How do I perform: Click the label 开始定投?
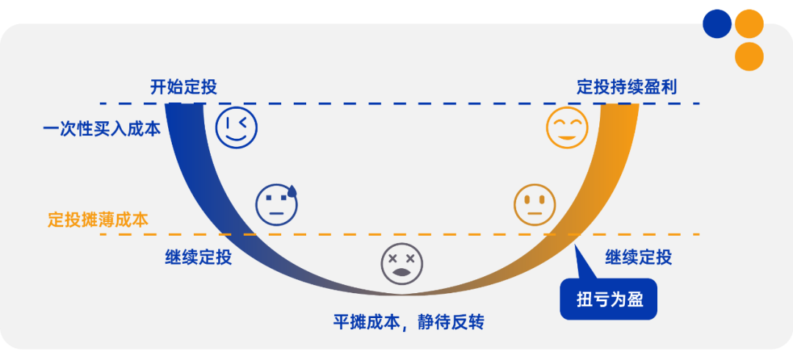pos(184,87)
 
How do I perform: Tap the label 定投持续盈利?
pos(626,87)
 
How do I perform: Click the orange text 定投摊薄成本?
pos(98,219)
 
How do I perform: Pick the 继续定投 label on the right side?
pos(638,257)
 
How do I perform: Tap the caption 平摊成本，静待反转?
pos(409,322)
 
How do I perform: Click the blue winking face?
pos(236,127)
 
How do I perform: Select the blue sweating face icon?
pos(276,204)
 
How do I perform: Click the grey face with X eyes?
pos(402,264)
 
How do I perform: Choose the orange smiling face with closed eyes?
pos(567,127)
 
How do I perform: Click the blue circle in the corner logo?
pos(717,24)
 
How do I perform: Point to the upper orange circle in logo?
pos(749,24)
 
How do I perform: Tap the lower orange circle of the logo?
pos(749,56)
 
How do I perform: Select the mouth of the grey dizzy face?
pos(402,273)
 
